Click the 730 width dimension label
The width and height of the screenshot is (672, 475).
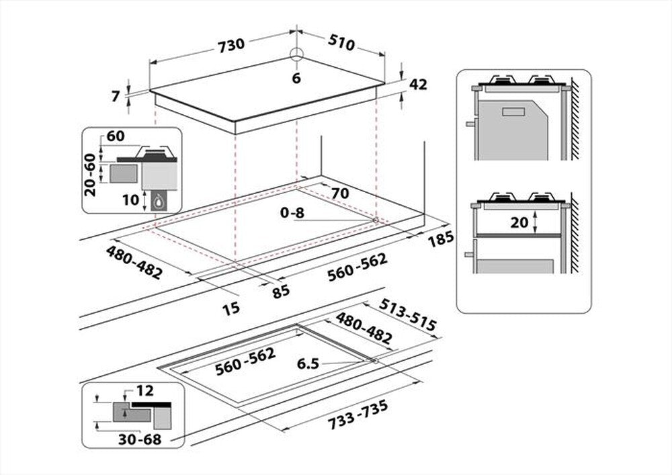coord(230,44)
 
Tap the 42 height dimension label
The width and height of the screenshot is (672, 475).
coord(418,84)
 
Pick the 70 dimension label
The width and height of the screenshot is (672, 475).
coord(340,193)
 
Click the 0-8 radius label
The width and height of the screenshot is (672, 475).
coord(292,213)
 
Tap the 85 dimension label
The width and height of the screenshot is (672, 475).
coord(281,290)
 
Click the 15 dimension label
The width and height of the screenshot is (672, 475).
coord(230,308)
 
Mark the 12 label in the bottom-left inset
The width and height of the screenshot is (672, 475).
coord(144,390)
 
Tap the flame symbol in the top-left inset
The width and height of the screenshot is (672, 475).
coord(159,200)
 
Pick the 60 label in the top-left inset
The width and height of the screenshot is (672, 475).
coord(116,136)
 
